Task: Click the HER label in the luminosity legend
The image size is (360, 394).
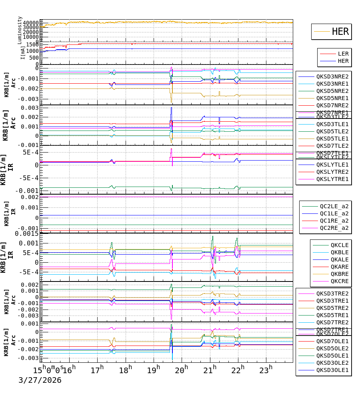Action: click(x=340, y=32)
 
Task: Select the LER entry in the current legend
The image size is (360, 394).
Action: click(x=343, y=54)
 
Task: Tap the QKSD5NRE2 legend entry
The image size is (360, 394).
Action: click(x=332, y=91)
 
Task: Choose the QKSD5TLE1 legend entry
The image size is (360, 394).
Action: click(x=332, y=139)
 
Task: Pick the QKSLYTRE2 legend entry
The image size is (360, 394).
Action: click(x=332, y=172)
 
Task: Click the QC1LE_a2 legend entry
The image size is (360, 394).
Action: click(x=334, y=213)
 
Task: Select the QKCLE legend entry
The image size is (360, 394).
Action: click(x=339, y=245)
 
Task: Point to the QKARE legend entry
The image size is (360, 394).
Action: click(x=339, y=267)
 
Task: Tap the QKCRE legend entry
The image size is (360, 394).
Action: click(x=339, y=281)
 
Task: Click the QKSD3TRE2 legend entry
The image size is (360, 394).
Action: click(x=332, y=293)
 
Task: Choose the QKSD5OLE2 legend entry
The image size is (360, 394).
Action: click(x=332, y=348)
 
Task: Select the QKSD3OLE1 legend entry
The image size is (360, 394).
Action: click(x=332, y=370)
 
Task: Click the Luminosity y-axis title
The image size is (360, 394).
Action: click(x=20, y=30)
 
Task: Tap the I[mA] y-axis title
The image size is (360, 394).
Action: click(x=22, y=52)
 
